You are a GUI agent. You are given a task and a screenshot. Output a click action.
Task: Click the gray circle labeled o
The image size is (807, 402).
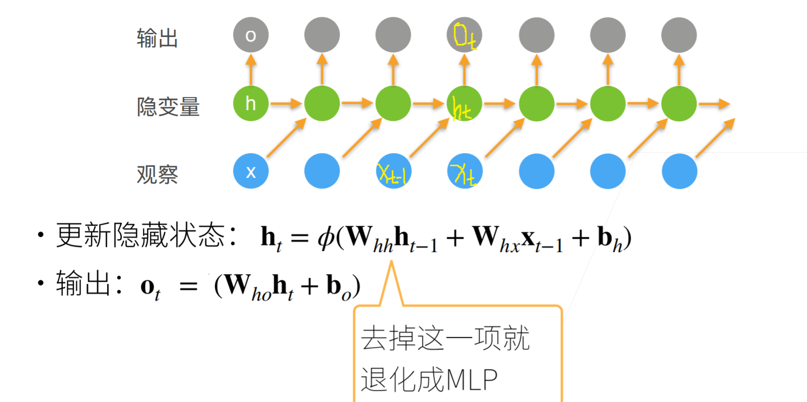[x=251, y=35]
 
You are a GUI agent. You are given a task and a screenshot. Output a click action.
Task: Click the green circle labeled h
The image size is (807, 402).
[x=251, y=104]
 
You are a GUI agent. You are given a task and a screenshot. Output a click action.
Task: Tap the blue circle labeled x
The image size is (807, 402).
[x=251, y=172]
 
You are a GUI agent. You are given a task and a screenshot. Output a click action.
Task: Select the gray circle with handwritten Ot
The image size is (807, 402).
[x=464, y=35]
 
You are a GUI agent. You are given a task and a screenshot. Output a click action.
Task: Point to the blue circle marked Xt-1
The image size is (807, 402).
[x=393, y=172]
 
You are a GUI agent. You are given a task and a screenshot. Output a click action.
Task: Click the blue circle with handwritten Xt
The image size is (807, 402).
[x=464, y=172]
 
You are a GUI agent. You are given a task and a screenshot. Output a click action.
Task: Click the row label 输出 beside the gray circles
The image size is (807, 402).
[x=157, y=38]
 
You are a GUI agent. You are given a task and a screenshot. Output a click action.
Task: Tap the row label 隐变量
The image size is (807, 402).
[x=168, y=107]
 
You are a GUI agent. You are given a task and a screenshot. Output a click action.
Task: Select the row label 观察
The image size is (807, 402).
[x=157, y=175]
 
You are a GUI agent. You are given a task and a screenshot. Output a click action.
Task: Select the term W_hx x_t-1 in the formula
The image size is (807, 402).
[x=517, y=238]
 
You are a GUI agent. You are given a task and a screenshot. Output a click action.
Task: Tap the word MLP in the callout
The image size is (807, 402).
[x=472, y=380]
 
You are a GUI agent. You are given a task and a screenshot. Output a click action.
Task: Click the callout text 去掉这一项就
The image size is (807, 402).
[x=445, y=338]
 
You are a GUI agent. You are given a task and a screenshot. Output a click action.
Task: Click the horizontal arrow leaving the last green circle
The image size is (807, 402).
[x=714, y=104]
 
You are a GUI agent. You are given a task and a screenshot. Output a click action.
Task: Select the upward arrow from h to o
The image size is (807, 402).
[x=251, y=69]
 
